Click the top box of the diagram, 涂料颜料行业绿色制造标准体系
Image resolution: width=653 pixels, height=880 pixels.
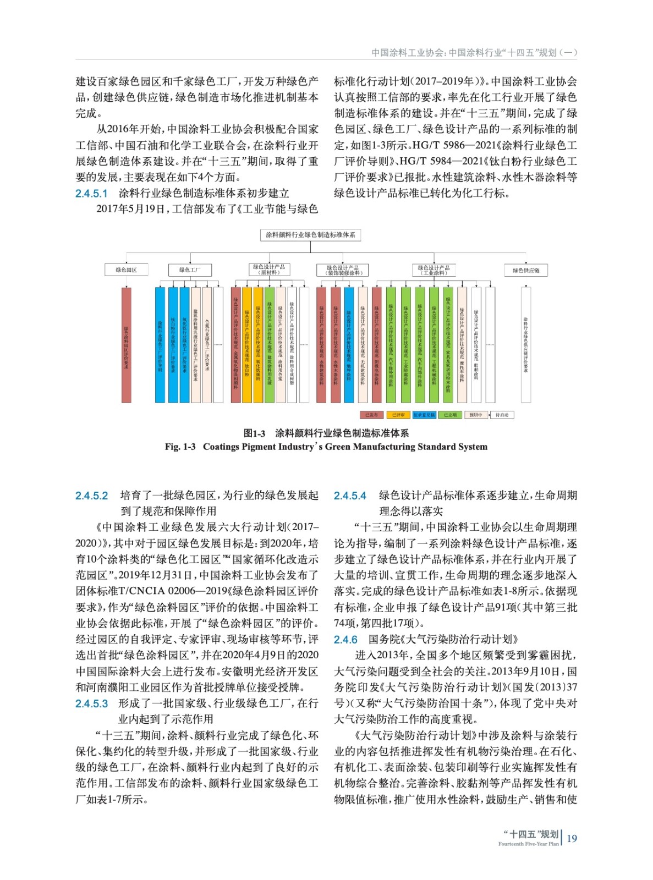[x=310, y=235]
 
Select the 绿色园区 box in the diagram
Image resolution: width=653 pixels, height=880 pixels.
[x=126, y=270]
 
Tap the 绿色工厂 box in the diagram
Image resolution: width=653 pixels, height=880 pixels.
[x=190, y=270]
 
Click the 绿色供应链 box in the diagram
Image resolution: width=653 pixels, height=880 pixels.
[x=525, y=270]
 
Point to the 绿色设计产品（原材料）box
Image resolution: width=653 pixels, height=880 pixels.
[x=269, y=270]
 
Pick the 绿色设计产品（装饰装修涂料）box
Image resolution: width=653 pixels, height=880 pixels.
[x=342, y=270]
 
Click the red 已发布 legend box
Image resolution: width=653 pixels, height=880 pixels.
[x=371, y=415]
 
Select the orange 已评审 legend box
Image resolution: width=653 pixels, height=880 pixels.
[x=398, y=415]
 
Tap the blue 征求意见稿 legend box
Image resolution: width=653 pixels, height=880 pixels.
[x=424, y=415]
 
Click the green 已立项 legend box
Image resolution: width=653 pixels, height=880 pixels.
[x=450, y=415]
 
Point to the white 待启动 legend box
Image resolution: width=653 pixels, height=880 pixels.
[x=502, y=415]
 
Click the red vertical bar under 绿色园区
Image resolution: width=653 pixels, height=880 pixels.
[x=126, y=345]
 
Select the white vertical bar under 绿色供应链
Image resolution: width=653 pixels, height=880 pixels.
[x=526, y=345]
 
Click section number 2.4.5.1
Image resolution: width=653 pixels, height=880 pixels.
[x=91, y=194]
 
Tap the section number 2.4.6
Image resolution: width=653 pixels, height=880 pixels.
[x=345, y=640]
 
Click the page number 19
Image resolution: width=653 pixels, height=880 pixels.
[x=572, y=838]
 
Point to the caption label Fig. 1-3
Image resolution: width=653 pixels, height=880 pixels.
[x=180, y=447]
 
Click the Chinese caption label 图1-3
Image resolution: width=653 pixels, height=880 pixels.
[x=254, y=433]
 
